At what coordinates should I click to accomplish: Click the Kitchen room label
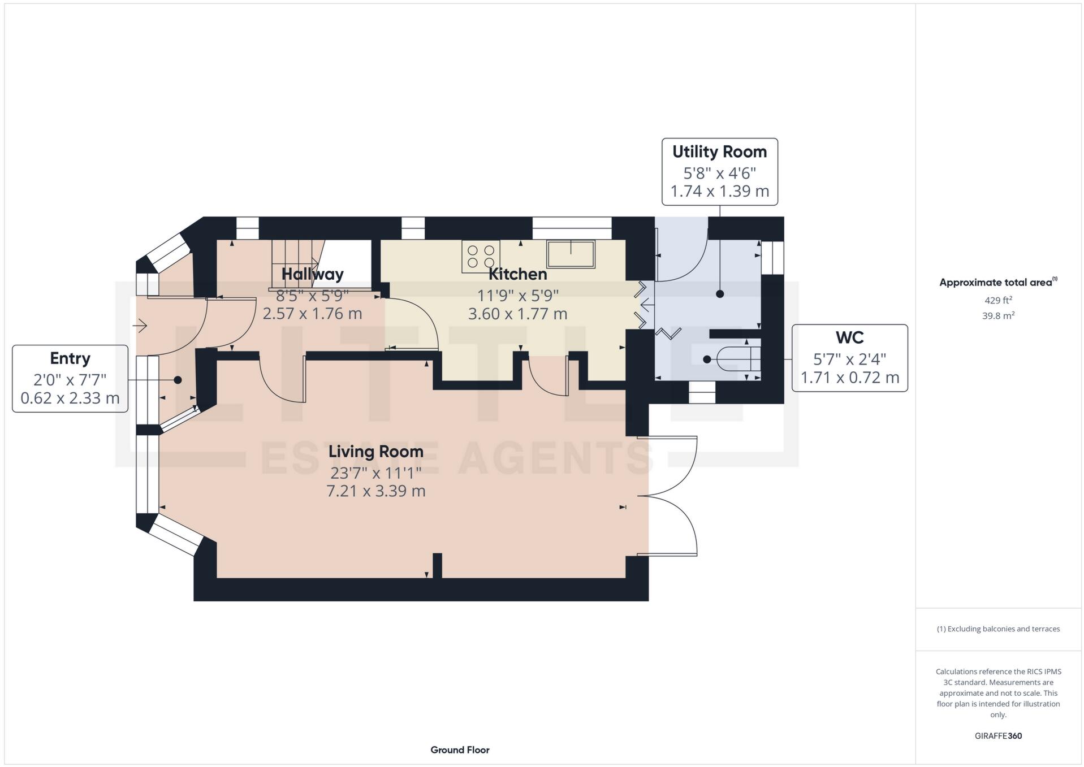517,275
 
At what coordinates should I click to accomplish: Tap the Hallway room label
312,275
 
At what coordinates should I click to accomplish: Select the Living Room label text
375,452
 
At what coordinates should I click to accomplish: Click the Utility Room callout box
719,171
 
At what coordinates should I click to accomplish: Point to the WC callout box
849,358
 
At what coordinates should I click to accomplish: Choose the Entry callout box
70,378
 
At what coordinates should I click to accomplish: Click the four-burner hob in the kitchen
481,256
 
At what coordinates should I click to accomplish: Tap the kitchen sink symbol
571,254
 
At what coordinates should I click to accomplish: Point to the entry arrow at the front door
140,326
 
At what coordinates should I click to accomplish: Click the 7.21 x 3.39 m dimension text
375,491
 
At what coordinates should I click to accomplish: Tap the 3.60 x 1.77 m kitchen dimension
517,314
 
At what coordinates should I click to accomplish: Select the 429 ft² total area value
998,301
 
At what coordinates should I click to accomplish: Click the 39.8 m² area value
998,316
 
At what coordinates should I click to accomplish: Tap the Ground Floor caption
460,750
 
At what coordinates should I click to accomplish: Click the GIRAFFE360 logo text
998,736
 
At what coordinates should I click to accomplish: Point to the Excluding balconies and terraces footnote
998,629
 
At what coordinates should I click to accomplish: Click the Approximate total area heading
996,283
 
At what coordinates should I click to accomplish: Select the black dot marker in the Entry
178,380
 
